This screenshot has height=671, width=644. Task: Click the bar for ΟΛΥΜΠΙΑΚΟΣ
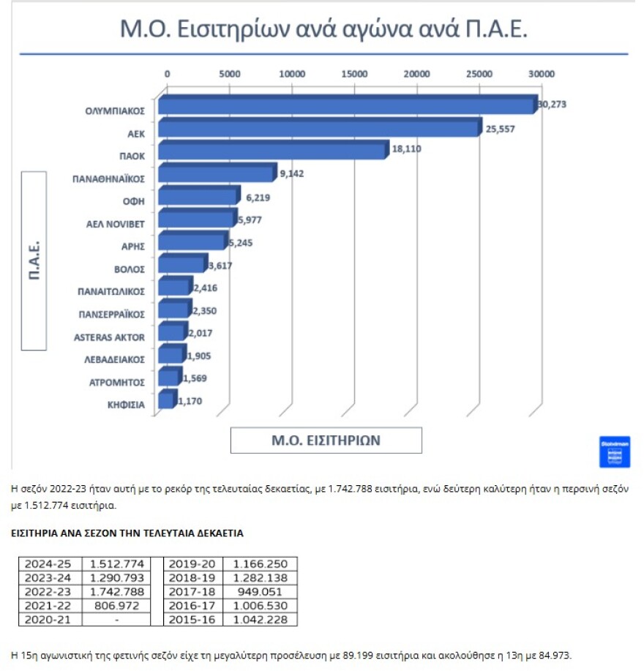coord(348,106)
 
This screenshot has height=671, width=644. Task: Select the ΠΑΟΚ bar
coord(272,151)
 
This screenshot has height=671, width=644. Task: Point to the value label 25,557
coord(500,129)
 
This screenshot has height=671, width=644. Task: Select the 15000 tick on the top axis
coord(355,74)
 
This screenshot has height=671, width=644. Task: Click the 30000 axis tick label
coord(542,74)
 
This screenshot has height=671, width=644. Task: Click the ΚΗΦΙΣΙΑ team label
coord(126,405)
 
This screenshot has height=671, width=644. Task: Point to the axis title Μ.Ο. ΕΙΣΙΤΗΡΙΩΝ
coord(326,441)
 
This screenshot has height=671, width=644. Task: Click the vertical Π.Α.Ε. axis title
coord(34,260)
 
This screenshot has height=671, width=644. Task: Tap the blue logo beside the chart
coord(614,451)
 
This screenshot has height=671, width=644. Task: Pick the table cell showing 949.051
coord(261,591)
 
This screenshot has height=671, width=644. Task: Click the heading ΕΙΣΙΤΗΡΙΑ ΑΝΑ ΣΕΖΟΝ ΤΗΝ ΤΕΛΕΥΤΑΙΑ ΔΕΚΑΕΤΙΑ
coord(127,533)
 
